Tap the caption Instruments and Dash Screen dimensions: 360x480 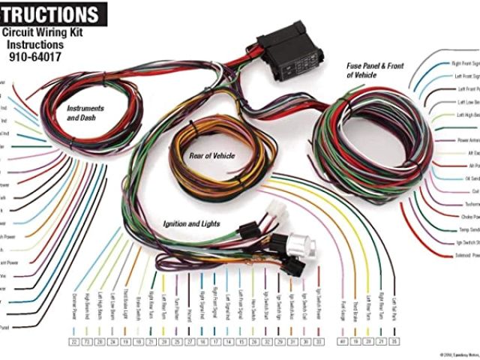pos(85,113)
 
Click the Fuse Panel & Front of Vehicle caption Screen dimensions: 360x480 pos(375,70)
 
